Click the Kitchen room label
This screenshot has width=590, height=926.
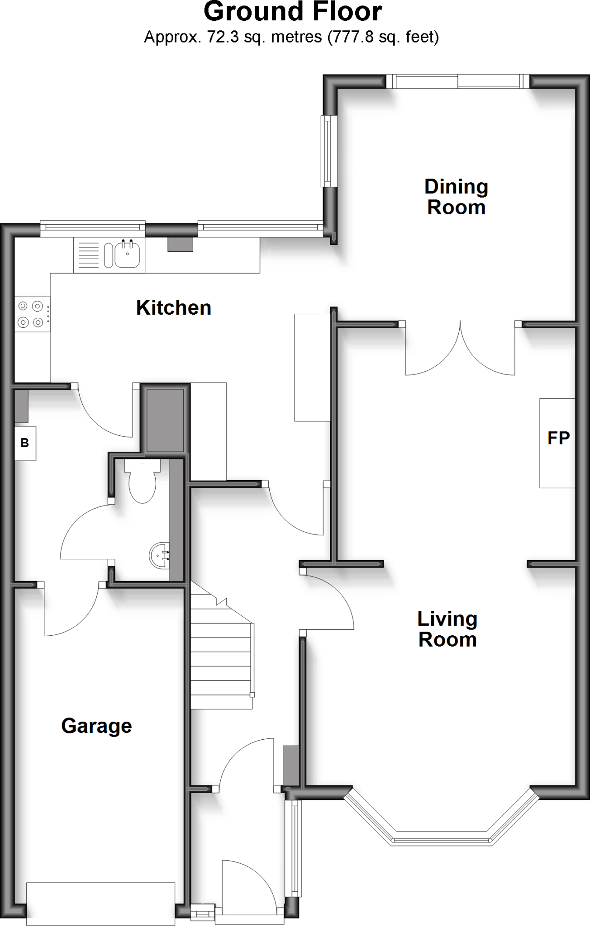[x=174, y=308]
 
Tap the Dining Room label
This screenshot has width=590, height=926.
[x=456, y=197]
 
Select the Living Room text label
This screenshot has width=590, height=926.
[x=447, y=629]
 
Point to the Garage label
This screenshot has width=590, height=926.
[x=96, y=726]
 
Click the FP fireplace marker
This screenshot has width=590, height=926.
[x=558, y=438]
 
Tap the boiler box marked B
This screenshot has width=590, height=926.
[x=25, y=443]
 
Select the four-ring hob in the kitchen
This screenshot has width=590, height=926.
[x=32, y=314]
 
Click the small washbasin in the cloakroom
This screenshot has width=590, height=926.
[x=159, y=555]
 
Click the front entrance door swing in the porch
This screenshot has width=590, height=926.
[x=247, y=886]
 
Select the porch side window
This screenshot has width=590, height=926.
[x=295, y=847]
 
